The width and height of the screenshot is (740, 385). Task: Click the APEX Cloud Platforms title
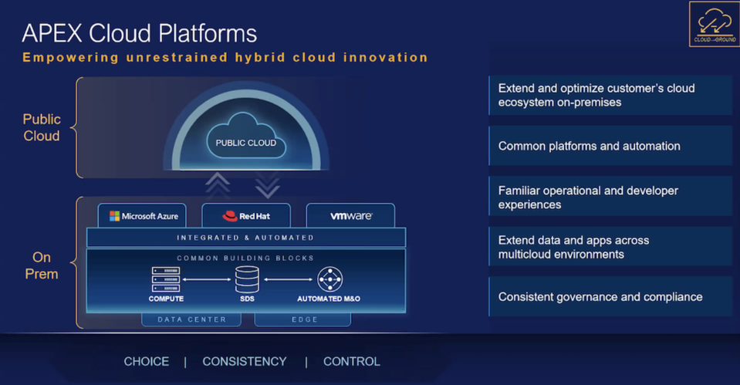coord(139,33)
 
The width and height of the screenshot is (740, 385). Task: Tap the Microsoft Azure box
coord(143,216)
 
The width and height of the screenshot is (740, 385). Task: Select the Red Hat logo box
coord(246,216)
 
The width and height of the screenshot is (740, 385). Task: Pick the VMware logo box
coord(350,216)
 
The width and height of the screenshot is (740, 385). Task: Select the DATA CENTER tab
coord(192,319)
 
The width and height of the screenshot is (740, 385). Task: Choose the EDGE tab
coord(299,319)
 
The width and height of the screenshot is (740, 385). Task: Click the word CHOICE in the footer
coord(147,361)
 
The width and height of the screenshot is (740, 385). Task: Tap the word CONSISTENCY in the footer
coord(245,361)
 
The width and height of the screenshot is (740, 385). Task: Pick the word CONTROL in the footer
coord(352,361)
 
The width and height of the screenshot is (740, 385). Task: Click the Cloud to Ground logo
coord(714,24)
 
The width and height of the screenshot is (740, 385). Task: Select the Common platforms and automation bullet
coord(610,146)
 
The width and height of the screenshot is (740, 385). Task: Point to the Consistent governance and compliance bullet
coord(610,296)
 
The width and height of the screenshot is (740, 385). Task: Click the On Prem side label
coord(42,265)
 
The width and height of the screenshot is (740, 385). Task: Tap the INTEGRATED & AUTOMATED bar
coord(245,238)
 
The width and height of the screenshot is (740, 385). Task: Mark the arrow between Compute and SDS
coord(207,279)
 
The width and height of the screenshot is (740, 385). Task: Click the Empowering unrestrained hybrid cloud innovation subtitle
coord(225,57)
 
